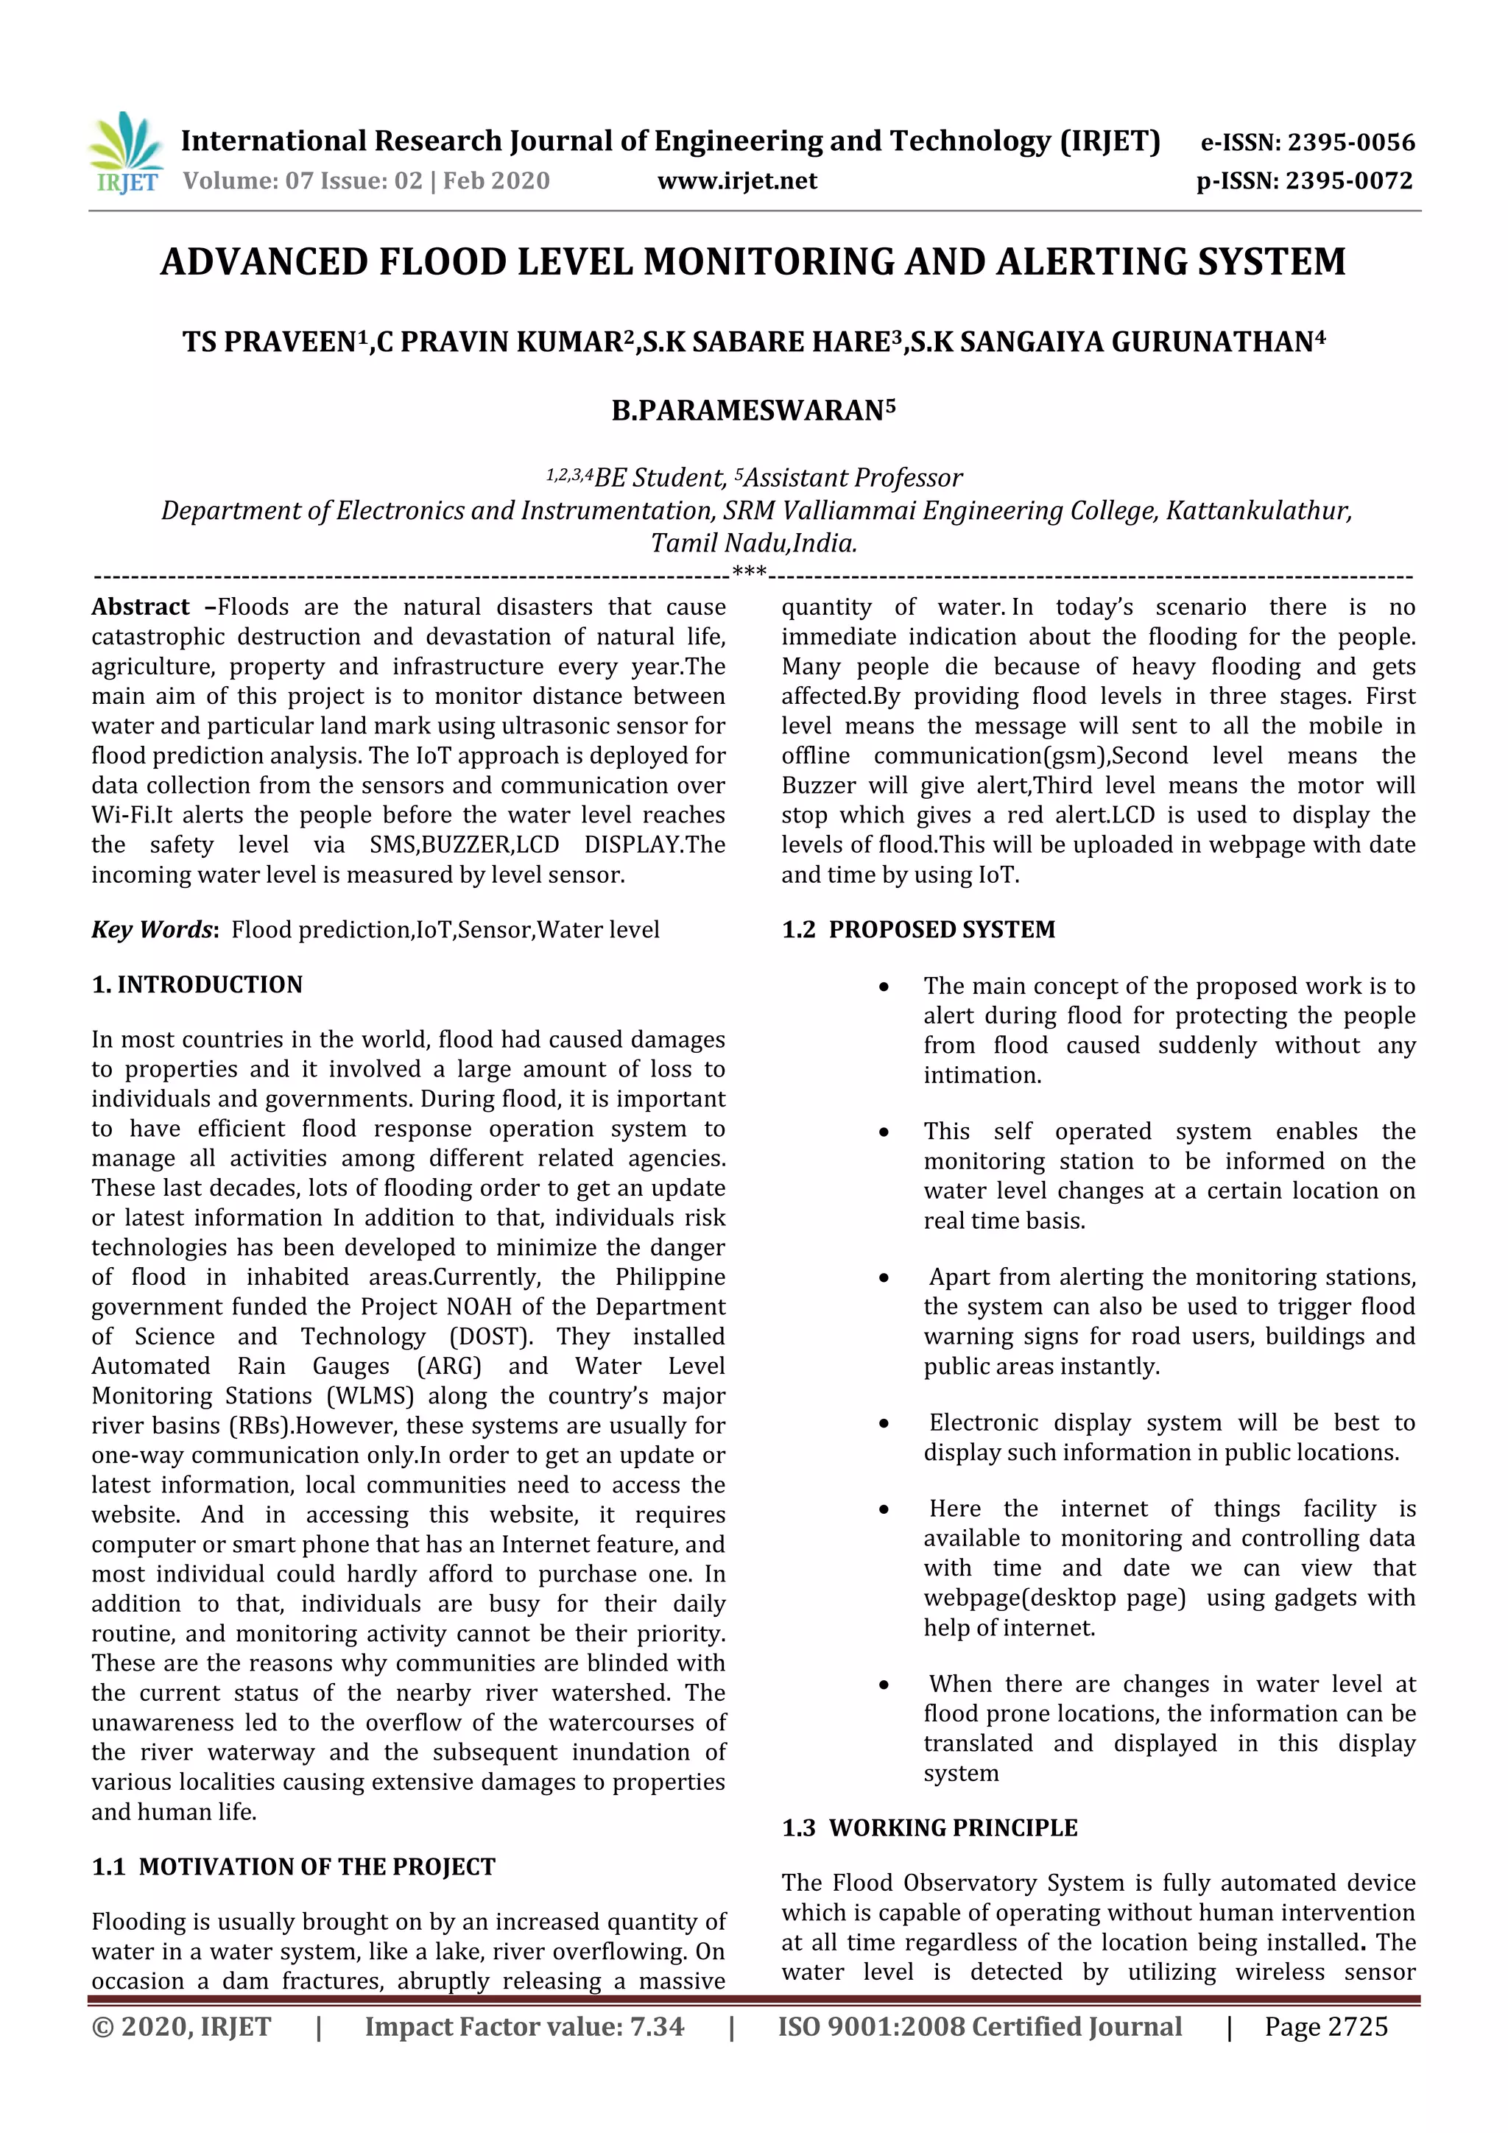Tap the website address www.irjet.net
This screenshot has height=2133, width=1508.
click(737, 181)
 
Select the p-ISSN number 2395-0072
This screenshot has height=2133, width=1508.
click(1349, 181)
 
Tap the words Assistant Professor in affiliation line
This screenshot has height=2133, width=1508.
click(852, 479)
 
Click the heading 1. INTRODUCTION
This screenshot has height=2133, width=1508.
click(197, 984)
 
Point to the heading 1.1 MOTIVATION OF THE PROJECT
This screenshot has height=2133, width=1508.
click(294, 1866)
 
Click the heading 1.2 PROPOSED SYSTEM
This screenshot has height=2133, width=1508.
click(918, 930)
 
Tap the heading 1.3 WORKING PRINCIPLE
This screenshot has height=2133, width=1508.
click(929, 1827)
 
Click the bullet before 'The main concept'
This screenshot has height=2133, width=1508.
click(884, 987)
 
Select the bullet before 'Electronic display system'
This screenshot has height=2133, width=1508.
click(884, 1424)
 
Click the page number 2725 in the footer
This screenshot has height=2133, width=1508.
click(1358, 2027)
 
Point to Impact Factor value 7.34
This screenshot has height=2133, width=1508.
click(524, 2027)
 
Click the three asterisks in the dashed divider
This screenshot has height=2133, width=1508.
click(749, 571)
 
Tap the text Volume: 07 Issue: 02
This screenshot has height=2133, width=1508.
click(302, 181)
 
